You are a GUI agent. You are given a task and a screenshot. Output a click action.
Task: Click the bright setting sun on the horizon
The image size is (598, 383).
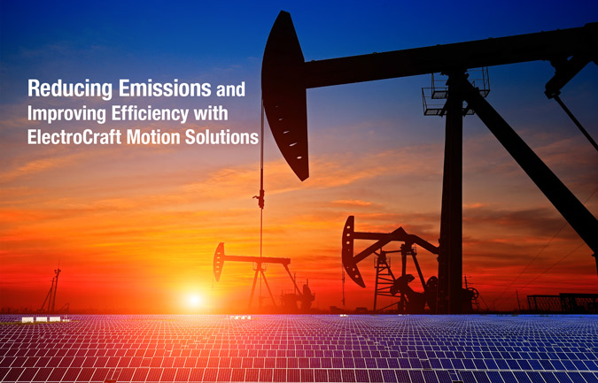[x=194, y=299]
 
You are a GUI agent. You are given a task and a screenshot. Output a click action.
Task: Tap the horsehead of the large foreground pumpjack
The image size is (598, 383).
[x=285, y=93]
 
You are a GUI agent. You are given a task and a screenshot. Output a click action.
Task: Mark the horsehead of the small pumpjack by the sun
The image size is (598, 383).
[x=219, y=262]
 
